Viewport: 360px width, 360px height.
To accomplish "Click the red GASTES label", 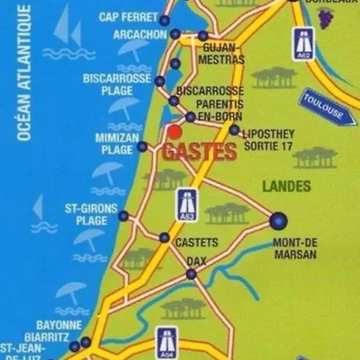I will click(x=199, y=151).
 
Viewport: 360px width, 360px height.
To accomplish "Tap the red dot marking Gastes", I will click(x=174, y=132).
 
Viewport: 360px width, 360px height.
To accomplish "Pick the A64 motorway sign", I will click(x=166, y=342).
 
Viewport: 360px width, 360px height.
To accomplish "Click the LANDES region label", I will click(x=286, y=186).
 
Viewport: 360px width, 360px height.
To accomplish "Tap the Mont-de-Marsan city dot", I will click(x=278, y=220).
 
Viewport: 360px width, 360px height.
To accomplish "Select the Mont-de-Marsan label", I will click(x=295, y=248).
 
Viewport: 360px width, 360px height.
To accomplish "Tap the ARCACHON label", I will click(x=139, y=36).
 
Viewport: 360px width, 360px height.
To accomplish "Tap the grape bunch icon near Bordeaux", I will click(x=325, y=18).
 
